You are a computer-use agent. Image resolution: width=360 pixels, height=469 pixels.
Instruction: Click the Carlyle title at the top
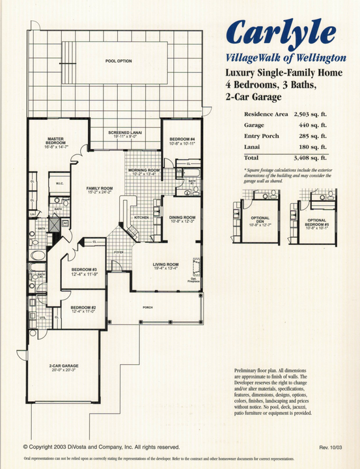[282, 32]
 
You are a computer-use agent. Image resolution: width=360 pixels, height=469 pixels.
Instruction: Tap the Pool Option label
[118, 61]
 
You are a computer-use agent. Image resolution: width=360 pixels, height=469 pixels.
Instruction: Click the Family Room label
[100, 190]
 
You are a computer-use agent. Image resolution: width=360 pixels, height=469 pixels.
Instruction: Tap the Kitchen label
[142, 218]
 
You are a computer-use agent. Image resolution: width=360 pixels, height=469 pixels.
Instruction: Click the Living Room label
[165, 265]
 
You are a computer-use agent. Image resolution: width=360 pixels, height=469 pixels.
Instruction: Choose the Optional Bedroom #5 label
[317, 223]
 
